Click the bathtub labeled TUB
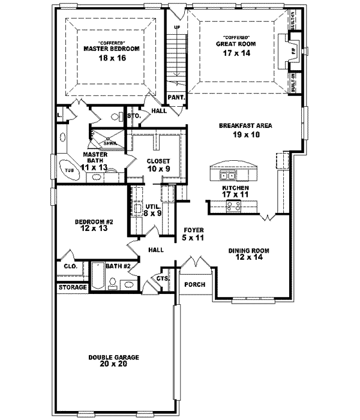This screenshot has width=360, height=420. point(70,170)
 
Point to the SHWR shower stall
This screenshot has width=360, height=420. point(110,143)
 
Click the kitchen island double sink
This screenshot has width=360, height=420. point(227,175)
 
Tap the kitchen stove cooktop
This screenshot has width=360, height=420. point(233,206)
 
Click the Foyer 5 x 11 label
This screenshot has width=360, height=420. point(193,234)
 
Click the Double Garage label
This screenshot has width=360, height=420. point(114,361)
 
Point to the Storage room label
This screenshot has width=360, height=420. point(73,288)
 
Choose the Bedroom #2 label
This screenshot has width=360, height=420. point(90,225)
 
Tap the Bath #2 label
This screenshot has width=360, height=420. point(118,265)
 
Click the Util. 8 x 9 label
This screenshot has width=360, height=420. point(154,209)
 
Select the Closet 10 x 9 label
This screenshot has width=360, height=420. point(159,165)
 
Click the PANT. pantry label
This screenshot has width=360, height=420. point(175,97)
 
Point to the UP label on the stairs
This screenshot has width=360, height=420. point(176,28)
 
